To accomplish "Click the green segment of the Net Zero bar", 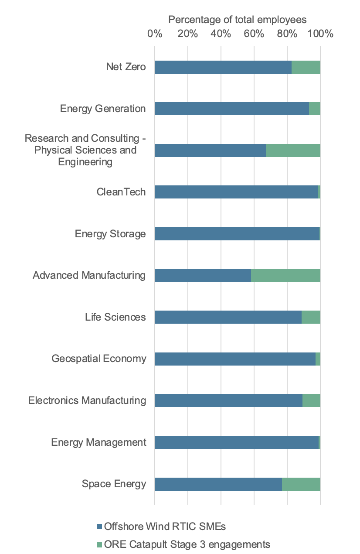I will click(x=306, y=67).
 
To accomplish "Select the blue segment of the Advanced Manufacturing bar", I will click(x=203, y=276).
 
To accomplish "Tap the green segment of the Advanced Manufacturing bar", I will click(x=285, y=276).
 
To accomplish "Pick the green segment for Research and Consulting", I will click(x=293, y=150).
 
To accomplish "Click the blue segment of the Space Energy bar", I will click(x=218, y=484).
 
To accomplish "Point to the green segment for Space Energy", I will click(x=301, y=484).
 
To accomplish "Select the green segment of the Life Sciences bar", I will click(x=311, y=317).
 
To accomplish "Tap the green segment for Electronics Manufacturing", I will click(x=311, y=400).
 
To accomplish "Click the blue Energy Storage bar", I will click(x=237, y=234).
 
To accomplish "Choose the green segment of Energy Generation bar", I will click(x=314, y=109).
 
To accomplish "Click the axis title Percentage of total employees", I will click(x=238, y=20).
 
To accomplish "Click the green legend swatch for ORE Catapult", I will click(x=99, y=544).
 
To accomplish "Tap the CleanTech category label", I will click(x=121, y=192).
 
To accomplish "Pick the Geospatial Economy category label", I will click(x=98, y=359).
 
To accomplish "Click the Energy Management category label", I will click(x=98, y=442).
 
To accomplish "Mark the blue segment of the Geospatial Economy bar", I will click(x=235, y=359).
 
